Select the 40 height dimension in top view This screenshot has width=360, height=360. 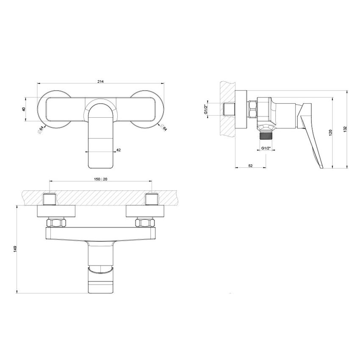24,109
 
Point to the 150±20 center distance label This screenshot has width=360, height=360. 101,180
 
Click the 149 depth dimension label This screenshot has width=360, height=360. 15,249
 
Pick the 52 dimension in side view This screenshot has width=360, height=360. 251,166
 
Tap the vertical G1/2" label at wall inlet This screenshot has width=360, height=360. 206,109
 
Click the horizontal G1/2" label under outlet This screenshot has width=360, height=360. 266,148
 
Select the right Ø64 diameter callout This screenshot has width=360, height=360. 163,128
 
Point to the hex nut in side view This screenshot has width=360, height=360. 252,109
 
